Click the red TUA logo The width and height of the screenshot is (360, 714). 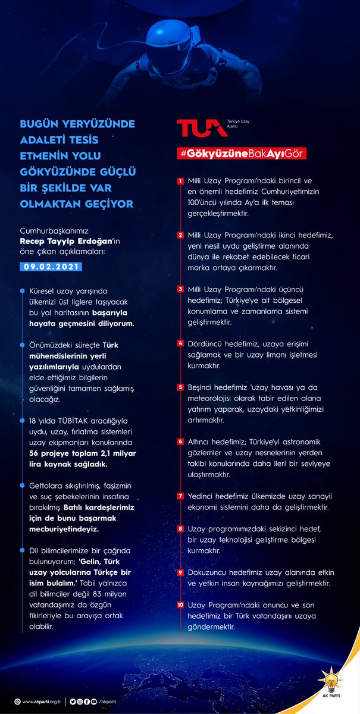click(x=194, y=127)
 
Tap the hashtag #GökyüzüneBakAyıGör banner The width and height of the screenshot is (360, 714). click(x=241, y=154)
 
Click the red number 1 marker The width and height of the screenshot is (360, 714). click(x=180, y=181)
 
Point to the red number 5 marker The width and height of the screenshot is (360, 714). click(x=180, y=387)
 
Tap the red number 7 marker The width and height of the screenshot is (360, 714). click(x=180, y=496)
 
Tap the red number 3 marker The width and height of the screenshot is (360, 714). click(x=180, y=289)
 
